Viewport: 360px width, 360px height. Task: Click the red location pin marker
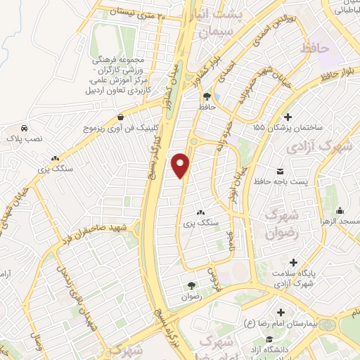(x=183, y=165)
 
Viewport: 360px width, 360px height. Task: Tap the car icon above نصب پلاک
(x=24, y=129)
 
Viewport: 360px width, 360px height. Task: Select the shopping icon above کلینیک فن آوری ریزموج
(x=122, y=117)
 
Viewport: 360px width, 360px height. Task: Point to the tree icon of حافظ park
(x=207, y=96)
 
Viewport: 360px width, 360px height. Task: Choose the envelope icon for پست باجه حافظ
(x=281, y=172)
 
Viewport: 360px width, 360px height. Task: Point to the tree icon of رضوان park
(x=191, y=285)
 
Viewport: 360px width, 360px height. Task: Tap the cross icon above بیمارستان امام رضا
(x=281, y=312)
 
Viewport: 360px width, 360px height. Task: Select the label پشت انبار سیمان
(x=223, y=22)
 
